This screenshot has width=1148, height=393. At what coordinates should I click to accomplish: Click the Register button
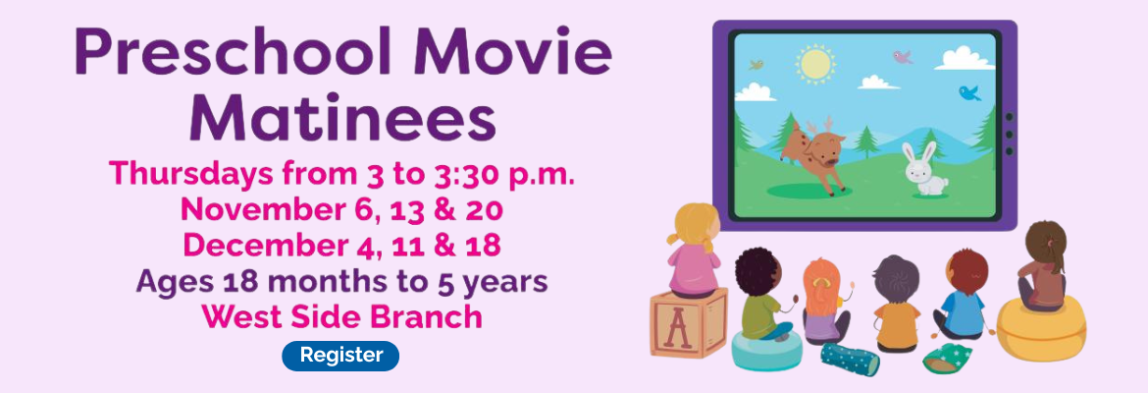click(x=340, y=356)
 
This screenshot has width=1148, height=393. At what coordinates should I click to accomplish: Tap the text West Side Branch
click(x=341, y=316)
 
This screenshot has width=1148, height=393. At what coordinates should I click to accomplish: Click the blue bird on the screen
click(x=969, y=93)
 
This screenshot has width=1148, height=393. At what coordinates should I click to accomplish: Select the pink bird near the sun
click(x=902, y=57)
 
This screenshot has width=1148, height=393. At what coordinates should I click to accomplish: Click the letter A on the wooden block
click(x=676, y=328)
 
